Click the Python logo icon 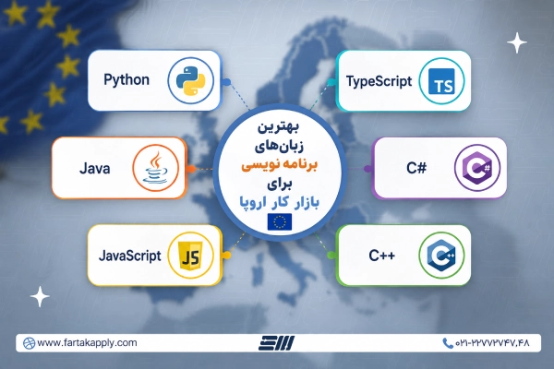(x=191, y=80)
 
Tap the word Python (x=126, y=80)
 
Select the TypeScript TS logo (x=441, y=81)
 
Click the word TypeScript (x=379, y=81)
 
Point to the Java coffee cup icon (x=155, y=168)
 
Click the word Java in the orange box (x=95, y=168)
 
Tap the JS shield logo (x=191, y=255)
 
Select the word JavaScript (x=129, y=256)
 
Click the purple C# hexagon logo (x=477, y=168)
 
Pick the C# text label (x=416, y=168)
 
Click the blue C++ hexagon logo (x=441, y=255)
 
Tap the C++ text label (x=382, y=256)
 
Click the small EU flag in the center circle (x=280, y=221)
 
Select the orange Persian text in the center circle (x=279, y=165)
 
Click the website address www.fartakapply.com (x=87, y=343)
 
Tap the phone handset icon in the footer (x=448, y=343)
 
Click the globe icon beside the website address (x=29, y=343)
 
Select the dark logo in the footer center (x=276, y=343)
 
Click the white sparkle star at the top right (x=517, y=42)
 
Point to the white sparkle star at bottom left (x=40, y=296)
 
